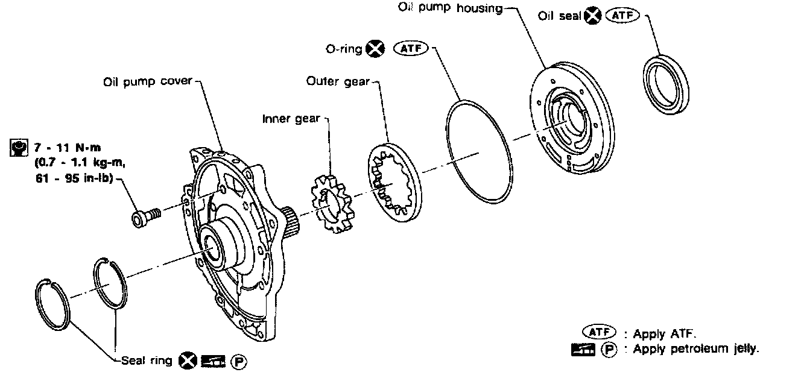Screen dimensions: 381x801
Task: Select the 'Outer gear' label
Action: (x=338, y=81)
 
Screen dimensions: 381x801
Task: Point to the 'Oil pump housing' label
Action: (x=449, y=8)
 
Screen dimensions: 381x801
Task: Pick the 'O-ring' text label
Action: (x=344, y=49)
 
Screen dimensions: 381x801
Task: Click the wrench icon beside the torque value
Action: (x=19, y=147)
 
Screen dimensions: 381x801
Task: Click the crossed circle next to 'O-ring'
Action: (x=376, y=49)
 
